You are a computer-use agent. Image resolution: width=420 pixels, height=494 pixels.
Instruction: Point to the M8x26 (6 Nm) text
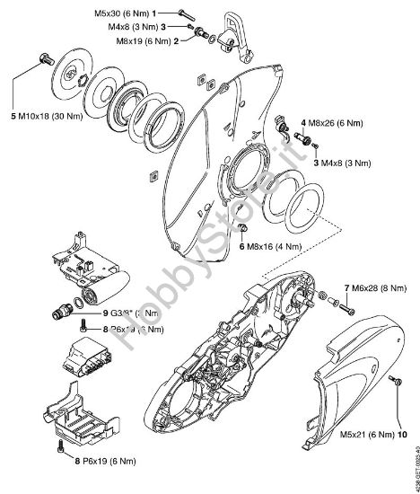coord(344,121)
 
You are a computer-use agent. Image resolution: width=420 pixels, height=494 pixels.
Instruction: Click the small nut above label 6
coord(243,231)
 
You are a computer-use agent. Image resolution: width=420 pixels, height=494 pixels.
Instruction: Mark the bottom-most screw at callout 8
coord(59,444)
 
